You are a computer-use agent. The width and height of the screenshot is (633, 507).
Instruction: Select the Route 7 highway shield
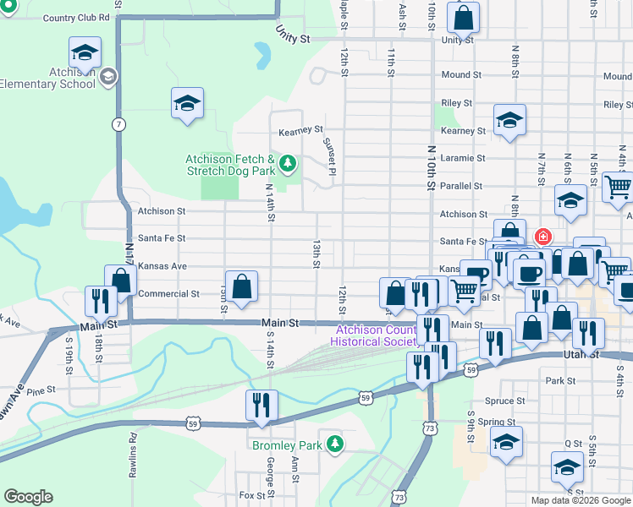pos(120,124)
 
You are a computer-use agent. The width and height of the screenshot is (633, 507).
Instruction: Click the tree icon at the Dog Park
pos(288,162)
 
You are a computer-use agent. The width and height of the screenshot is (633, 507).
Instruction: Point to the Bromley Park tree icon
pos(336,443)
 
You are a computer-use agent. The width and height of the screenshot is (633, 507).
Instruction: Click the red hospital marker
pos(542,237)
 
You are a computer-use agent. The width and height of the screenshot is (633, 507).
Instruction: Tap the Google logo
pos(28,497)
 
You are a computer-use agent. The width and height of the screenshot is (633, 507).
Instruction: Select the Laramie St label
pos(463,158)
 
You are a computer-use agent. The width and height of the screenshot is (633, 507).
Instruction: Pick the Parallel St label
pos(461,186)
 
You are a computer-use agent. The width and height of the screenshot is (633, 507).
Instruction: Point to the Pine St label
pos(40,392)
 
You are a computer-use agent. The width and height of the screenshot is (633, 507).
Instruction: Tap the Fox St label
pos(252,495)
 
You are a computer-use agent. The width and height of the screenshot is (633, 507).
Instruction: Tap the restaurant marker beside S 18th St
pos(101,303)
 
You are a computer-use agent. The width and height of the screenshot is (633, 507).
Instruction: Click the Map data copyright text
pos(580,500)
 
